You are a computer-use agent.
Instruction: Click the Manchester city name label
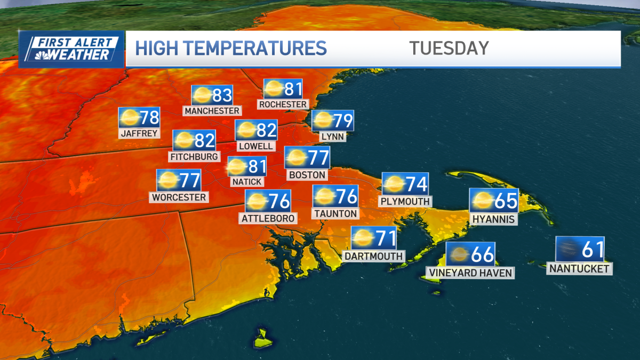212,110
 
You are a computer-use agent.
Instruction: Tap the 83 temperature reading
222,95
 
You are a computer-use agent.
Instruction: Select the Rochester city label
283,104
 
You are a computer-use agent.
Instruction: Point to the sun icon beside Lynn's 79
323,121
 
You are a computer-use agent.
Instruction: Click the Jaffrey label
140,133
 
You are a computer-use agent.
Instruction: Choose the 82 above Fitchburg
204,141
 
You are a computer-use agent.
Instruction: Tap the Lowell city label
257,146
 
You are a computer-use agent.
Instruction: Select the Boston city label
307,174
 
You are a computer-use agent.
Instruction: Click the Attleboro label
268,218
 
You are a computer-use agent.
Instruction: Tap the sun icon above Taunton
323,197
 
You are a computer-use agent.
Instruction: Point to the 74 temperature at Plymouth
417,184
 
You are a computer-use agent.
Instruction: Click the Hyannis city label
493,219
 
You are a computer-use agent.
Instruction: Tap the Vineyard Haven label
470,273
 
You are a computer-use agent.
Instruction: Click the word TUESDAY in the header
449,48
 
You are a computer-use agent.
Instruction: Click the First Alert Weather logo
71,49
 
